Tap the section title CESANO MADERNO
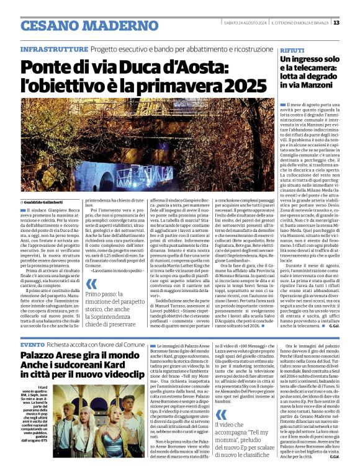pos(81,26)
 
